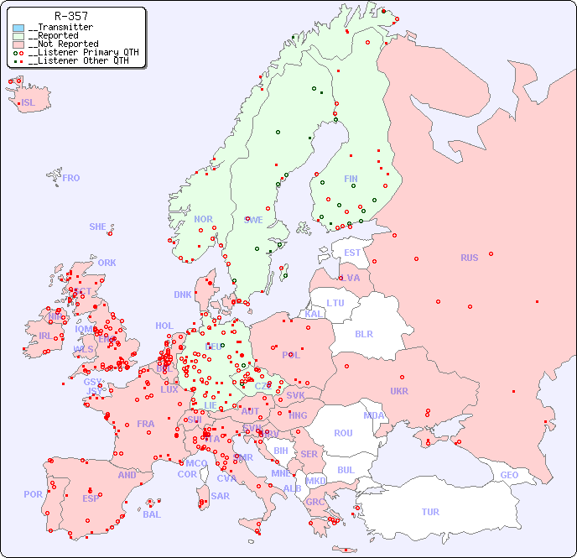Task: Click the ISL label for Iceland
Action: click(x=29, y=103)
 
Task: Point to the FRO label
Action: click(x=71, y=178)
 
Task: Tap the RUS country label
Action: click(x=469, y=258)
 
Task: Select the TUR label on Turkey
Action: click(x=430, y=512)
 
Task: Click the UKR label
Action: click(x=399, y=391)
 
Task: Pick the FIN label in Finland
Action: click(x=351, y=179)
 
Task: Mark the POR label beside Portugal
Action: click(x=33, y=494)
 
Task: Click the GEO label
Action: click(x=509, y=475)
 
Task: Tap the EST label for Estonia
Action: click(x=352, y=253)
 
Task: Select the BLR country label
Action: click(x=364, y=333)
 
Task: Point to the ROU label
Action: click(x=343, y=433)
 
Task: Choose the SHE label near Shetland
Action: click(x=98, y=227)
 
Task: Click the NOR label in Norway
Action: click(x=203, y=219)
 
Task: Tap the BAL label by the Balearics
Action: click(x=152, y=514)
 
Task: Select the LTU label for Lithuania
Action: click(x=335, y=303)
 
